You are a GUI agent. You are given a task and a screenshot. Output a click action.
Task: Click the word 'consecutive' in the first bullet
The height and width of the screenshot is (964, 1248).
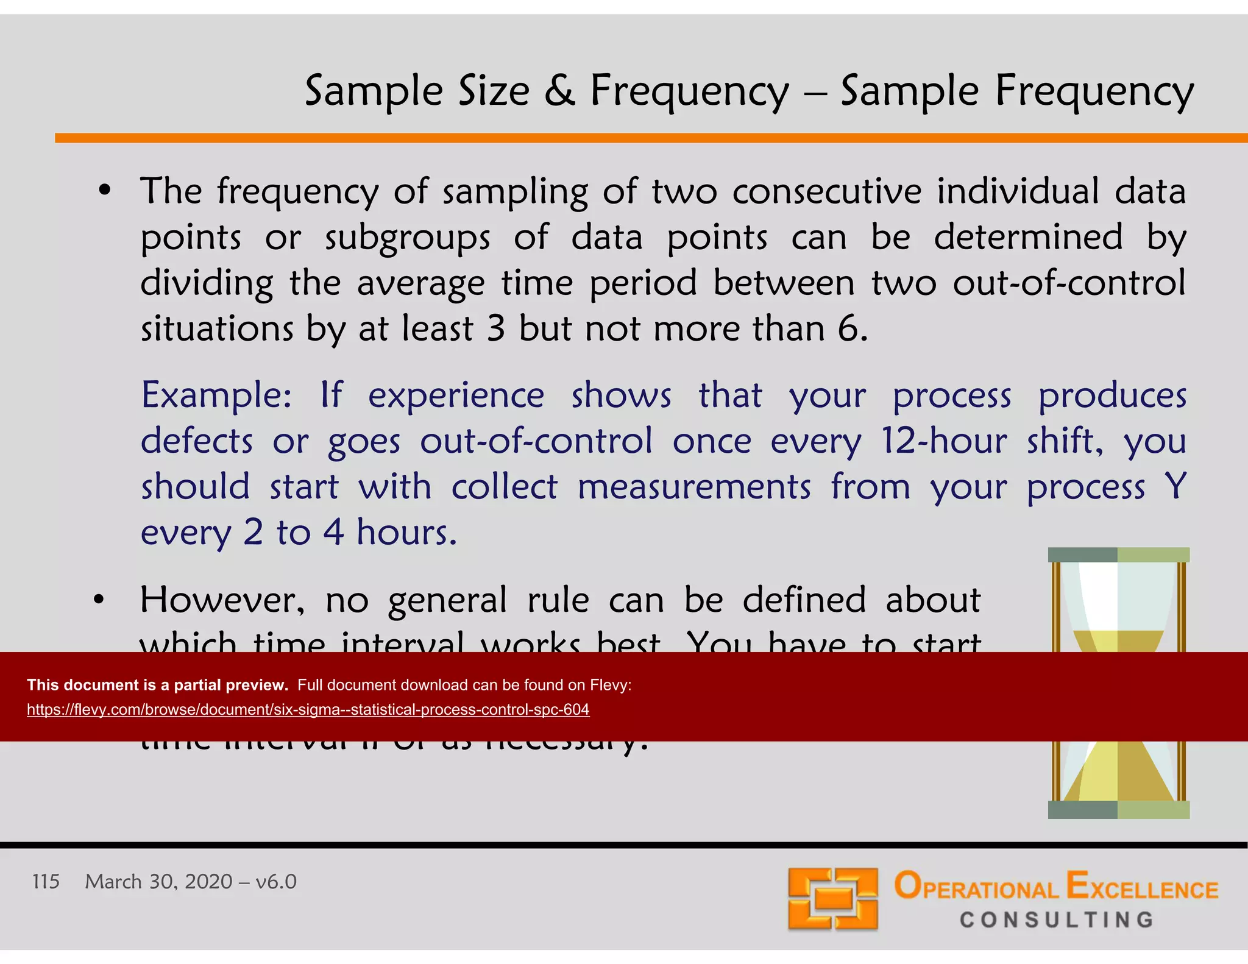(827, 191)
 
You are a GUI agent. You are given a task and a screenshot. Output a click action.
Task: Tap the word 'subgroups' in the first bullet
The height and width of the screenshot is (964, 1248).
(407, 238)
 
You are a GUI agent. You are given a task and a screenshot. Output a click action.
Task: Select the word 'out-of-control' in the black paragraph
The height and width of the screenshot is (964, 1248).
(1069, 283)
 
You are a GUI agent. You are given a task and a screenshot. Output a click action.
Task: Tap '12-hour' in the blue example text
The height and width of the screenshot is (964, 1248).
(944, 441)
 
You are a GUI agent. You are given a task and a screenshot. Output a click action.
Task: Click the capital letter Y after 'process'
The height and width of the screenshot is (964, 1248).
(1175, 486)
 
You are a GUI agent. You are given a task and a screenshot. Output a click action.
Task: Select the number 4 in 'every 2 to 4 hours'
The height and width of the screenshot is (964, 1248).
(333, 532)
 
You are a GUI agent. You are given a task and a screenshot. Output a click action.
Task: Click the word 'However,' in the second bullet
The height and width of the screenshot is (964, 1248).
(222, 600)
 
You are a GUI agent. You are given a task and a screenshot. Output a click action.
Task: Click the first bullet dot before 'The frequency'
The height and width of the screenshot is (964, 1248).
(105, 191)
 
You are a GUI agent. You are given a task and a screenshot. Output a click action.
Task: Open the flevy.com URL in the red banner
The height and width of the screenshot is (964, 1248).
(308, 710)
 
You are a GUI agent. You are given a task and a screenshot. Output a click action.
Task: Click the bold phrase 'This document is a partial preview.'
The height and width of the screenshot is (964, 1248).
(157, 685)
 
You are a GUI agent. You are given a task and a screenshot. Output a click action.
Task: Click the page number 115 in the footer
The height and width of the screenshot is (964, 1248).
(46, 882)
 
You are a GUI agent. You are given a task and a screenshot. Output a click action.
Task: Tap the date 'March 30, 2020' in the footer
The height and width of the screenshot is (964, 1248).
(158, 882)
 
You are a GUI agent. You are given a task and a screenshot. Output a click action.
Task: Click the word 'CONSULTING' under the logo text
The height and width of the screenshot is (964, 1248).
(1057, 920)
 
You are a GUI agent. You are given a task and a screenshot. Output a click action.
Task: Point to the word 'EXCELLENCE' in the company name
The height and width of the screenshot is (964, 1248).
(1142, 888)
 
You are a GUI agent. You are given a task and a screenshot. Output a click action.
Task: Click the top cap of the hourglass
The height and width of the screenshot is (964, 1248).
(1118, 555)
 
